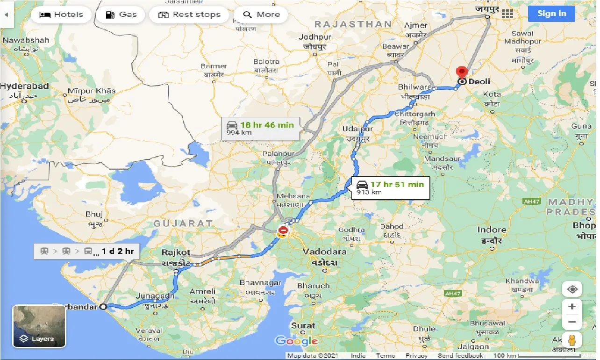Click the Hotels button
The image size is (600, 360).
(x=61, y=14)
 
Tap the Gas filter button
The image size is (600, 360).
(x=121, y=14)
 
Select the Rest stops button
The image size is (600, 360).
(x=189, y=14)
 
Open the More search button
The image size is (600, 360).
(x=261, y=14)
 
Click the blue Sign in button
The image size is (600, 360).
(x=551, y=14)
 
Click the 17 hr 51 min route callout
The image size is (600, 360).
(x=390, y=187)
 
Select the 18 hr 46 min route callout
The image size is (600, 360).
(x=260, y=128)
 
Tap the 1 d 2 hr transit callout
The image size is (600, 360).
(x=87, y=251)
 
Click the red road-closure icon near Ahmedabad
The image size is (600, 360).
(x=283, y=230)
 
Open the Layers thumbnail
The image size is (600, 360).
(x=39, y=326)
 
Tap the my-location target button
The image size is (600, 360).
(x=572, y=289)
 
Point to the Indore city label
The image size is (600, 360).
(x=492, y=230)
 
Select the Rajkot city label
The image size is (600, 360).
(x=176, y=252)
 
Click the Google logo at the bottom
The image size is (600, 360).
(x=296, y=341)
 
